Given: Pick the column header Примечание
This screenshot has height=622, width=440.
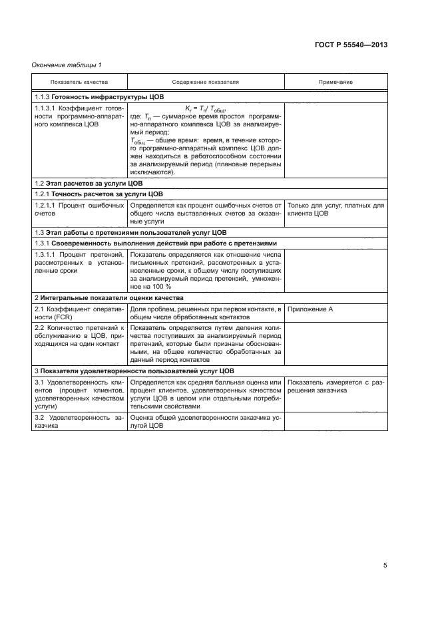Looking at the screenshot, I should coord(335,82).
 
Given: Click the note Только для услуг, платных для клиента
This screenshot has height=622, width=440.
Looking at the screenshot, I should coord(335,210).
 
